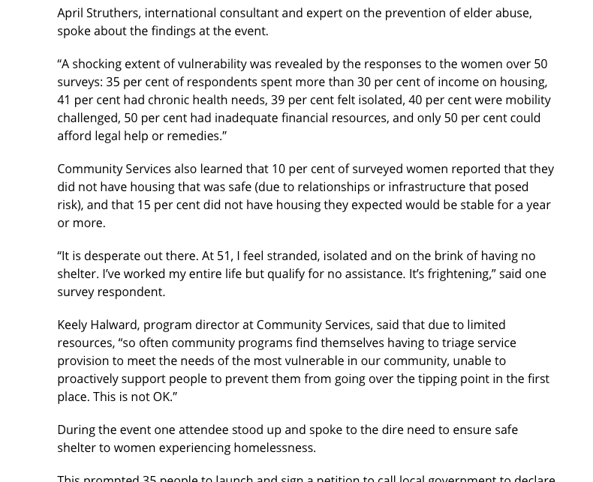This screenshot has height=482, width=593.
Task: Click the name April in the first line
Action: pos(73,13)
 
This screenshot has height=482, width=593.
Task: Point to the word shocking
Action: pos(98,64)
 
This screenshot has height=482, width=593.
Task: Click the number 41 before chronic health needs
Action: pos(65,100)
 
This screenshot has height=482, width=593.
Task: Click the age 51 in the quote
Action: pos(224,256)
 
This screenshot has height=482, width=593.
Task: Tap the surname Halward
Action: pos(113,325)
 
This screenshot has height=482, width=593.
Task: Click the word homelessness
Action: pos(276,448)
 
